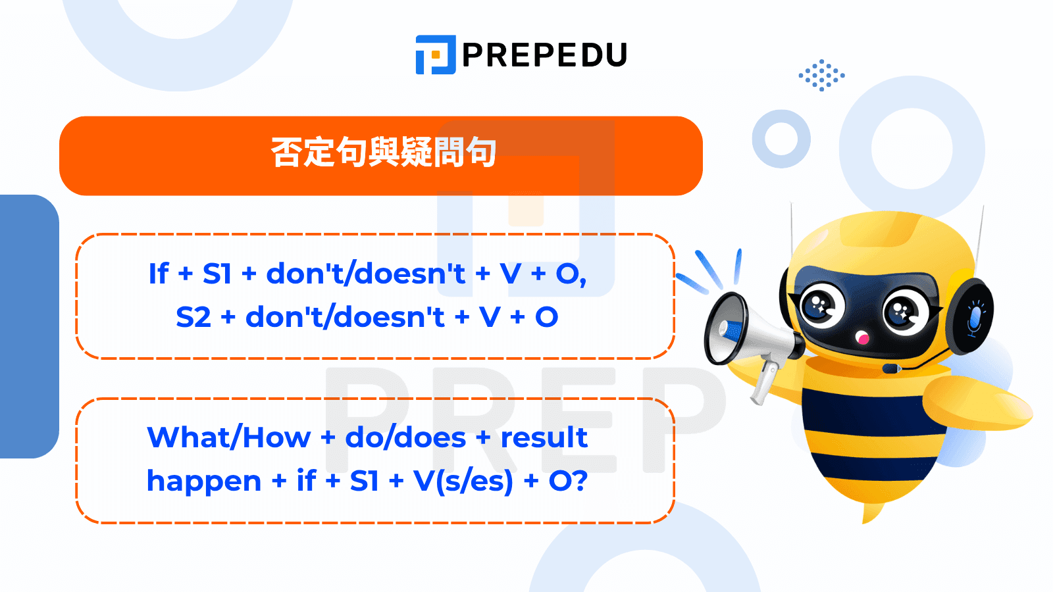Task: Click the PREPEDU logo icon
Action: pyautogui.click(x=435, y=55)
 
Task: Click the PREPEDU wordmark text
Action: pyautogui.click(x=544, y=55)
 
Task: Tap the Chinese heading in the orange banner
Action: pyautogui.click(x=383, y=153)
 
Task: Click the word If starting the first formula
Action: pyautogui.click(x=158, y=274)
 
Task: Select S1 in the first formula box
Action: pyautogui.click(x=217, y=274)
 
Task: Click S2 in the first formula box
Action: pyautogui.click(x=193, y=317)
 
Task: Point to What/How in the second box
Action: pyautogui.click(x=228, y=437)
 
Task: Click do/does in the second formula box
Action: pyautogui.click(x=405, y=437)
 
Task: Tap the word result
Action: pyautogui.click(x=544, y=437)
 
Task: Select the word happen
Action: pyautogui.click(x=203, y=481)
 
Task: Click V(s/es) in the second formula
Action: pyautogui.click(x=463, y=481)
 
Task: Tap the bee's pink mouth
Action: pyautogui.click(x=861, y=339)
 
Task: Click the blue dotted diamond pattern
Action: pyautogui.click(x=821, y=75)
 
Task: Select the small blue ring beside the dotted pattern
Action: pyautogui.click(x=781, y=139)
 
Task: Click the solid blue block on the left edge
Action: pyautogui.click(x=26, y=326)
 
